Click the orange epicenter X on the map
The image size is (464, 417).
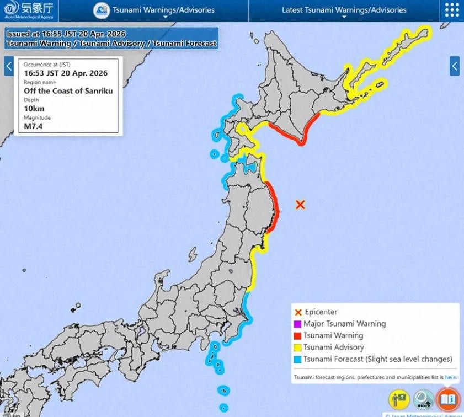pyautogui.click(x=300, y=205)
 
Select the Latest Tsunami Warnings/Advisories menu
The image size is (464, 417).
pyautogui.click(x=344, y=10)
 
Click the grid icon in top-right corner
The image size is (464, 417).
pyautogui.click(x=452, y=10)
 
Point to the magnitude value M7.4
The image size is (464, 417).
pyautogui.click(x=33, y=126)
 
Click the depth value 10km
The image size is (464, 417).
pyautogui.click(x=34, y=109)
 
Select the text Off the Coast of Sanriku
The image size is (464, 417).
pyautogui.click(x=68, y=90)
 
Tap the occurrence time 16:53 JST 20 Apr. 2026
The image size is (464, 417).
pyautogui.click(x=66, y=73)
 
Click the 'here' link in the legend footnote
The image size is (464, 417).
pyautogui.click(x=450, y=378)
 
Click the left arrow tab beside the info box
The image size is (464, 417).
pyautogui.click(x=9, y=66)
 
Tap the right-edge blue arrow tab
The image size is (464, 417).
pyautogui.click(x=455, y=66)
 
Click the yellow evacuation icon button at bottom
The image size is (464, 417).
pyautogui.click(x=399, y=399)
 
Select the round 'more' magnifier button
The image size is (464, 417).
pyautogui.click(x=424, y=399)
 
